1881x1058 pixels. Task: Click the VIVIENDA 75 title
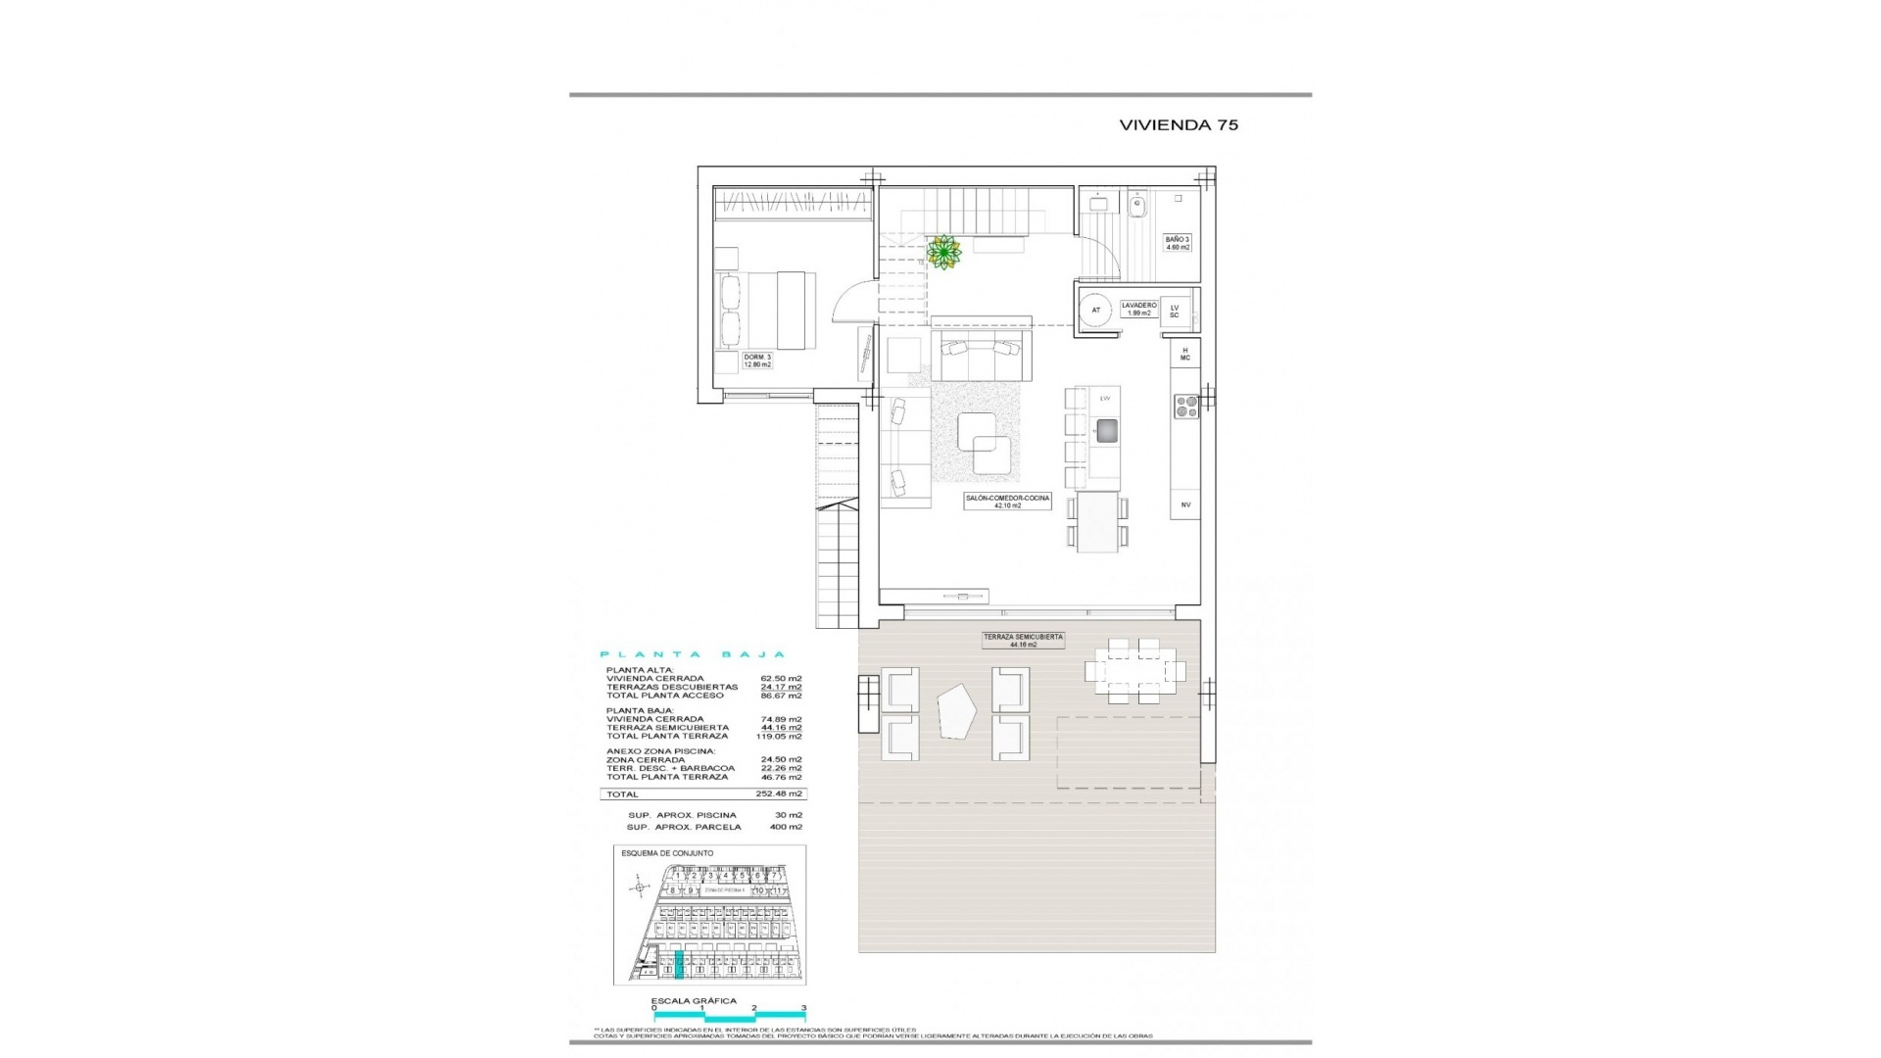(x=1179, y=124)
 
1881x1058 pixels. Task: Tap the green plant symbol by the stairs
(x=944, y=254)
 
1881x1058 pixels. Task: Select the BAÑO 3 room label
(x=1178, y=243)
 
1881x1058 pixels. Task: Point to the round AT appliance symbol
(x=1096, y=311)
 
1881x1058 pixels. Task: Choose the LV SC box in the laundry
(x=1174, y=312)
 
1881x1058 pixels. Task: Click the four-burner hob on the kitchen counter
(x=1185, y=406)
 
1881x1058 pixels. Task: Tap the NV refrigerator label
(x=1185, y=505)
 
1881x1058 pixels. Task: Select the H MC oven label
(x=1184, y=354)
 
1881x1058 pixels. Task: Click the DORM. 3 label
(x=757, y=360)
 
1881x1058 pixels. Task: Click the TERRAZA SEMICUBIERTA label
(x=1023, y=640)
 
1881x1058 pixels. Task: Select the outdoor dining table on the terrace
(x=1134, y=671)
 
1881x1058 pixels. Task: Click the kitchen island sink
(x=1106, y=431)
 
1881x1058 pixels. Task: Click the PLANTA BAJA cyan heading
(x=692, y=654)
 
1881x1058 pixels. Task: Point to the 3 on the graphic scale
(x=803, y=1034)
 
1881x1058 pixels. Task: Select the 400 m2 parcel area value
(x=786, y=827)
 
